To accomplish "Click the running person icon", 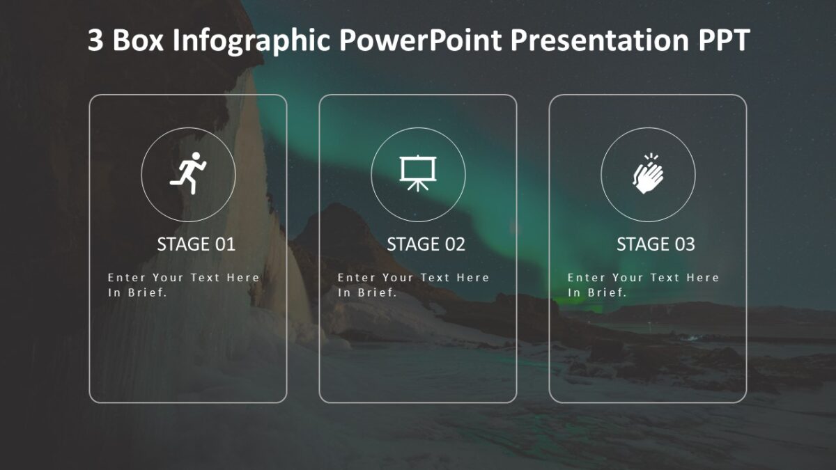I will point(188,173).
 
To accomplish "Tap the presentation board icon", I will point(418,173).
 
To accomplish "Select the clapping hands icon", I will point(648,173).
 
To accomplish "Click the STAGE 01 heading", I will point(196,244).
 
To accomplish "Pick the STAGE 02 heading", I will point(426,244).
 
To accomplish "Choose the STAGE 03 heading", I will point(656,244).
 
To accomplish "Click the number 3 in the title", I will point(95,41).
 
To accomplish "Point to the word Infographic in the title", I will point(251,41).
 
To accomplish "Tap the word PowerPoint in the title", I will point(420,41).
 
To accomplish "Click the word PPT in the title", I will point(723,41).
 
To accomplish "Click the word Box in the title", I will point(138,41).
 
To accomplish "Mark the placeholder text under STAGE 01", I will point(183,285).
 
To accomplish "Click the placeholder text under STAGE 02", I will point(413,285).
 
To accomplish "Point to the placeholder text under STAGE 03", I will point(643,285).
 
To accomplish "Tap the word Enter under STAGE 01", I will point(127,277).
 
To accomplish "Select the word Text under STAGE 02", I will point(435,277).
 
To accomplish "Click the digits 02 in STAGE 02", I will point(454,244).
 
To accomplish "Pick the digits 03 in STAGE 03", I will point(684,244).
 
